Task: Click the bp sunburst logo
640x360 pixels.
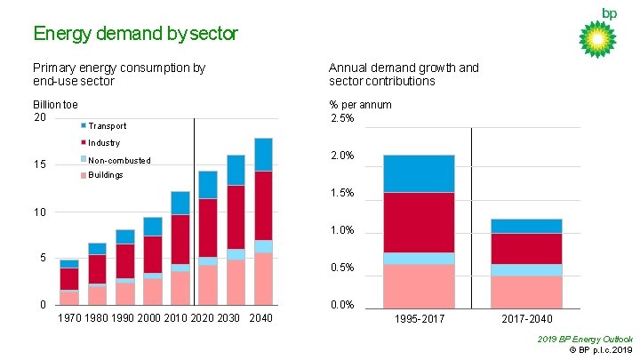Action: (597, 38)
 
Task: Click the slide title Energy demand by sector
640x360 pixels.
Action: (135, 34)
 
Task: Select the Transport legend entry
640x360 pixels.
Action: (107, 126)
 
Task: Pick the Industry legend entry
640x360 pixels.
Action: (104, 143)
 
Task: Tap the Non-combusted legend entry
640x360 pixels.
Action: (118, 161)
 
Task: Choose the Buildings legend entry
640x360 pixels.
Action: (105, 175)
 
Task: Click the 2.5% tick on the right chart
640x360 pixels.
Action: (342, 118)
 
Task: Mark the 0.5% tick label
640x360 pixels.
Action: (342, 268)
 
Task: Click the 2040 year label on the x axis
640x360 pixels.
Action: (261, 318)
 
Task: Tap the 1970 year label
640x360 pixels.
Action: (69, 318)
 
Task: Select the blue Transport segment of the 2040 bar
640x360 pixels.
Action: (263, 154)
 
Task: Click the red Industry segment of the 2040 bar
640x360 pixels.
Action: (263, 205)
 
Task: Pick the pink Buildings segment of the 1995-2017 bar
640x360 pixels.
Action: (419, 284)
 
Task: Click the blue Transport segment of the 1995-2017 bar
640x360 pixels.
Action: (419, 173)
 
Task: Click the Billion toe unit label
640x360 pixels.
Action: (55, 104)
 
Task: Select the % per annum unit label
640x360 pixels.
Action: (360, 104)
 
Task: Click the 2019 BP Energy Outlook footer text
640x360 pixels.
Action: (586, 340)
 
